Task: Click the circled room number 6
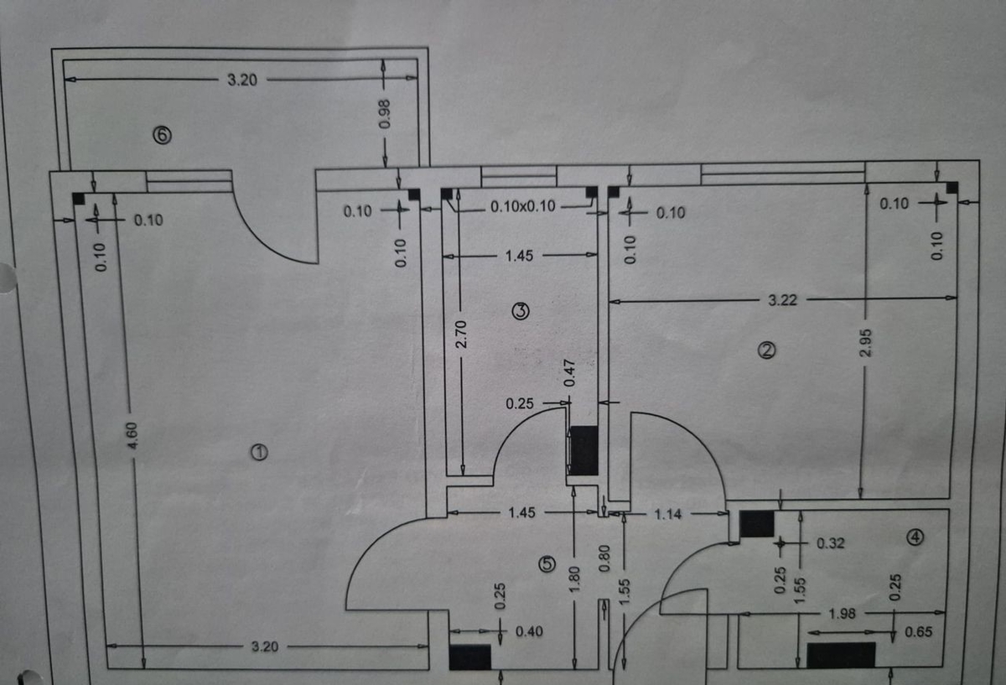163,135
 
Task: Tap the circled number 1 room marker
259,452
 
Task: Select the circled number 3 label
521,311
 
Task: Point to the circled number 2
766,350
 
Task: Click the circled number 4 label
915,537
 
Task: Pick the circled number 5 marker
547,563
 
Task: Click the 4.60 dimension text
132,435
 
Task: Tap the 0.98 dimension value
385,114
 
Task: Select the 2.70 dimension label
461,335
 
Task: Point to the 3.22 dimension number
783,299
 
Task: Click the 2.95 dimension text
865,343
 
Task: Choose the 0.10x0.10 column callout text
523,206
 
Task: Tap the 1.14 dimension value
668,514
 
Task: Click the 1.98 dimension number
842,614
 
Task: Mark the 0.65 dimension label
919,632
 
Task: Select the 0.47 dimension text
569,373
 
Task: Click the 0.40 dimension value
529,631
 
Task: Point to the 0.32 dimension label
831,543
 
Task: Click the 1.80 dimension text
575,579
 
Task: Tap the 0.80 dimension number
605,558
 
